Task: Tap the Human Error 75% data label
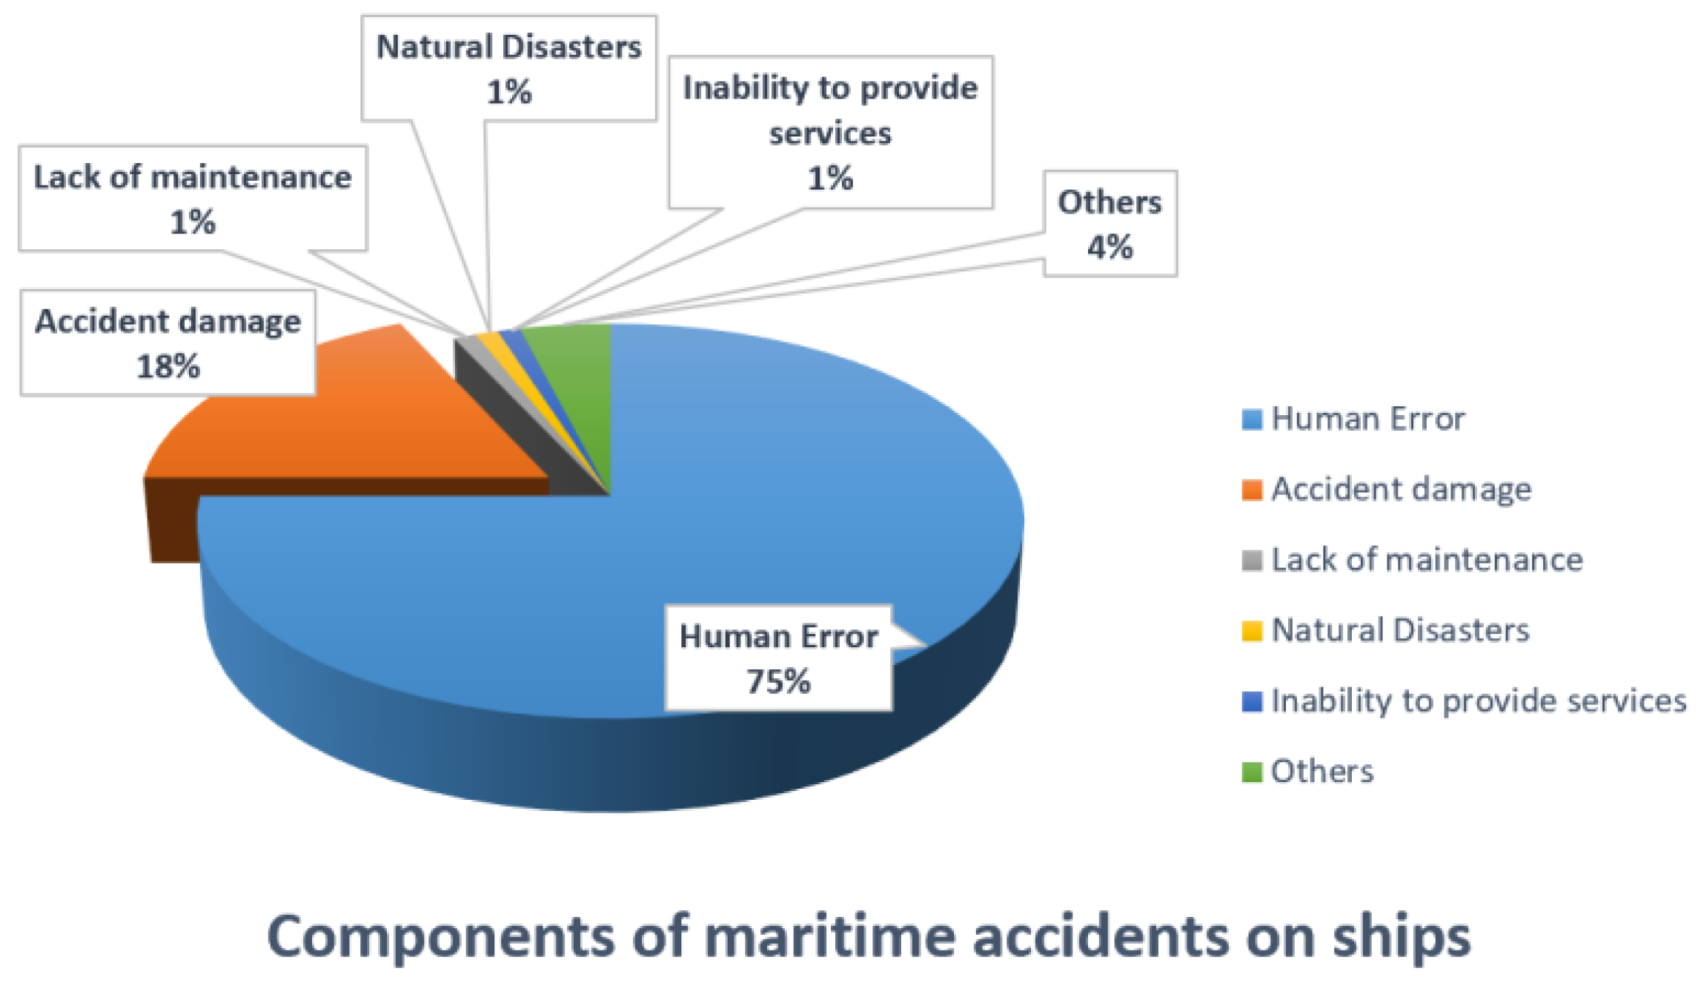[x=778, y=658]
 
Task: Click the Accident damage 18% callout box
[x=168, y=342]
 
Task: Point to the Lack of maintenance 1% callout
[x=193, y=199]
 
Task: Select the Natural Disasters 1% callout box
[x=509, y=68]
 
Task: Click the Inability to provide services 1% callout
[x=830, y=133]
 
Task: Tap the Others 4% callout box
[x=1110, y=224]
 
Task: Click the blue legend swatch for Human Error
[x=1252, y=420]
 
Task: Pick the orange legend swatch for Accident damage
[x=1252, y=490]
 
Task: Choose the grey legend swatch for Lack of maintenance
[x=1252, y=560]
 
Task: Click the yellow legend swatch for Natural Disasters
[x=1252, y=631]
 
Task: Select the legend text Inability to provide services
[x=1479, y=701]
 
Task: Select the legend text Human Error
[x=1368, y=419]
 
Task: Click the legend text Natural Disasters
[x=1400, y=630]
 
